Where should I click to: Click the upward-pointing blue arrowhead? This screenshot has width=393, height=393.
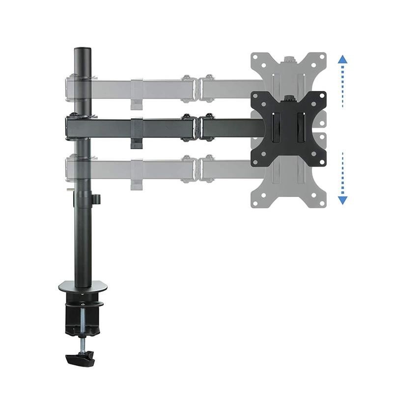pyautogui.click(x=343, y=59)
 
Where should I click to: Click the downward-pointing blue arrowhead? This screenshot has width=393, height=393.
pyautogui.click(x=343, y=200)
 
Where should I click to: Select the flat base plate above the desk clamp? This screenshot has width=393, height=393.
pyautogui.click(x=83, y=286)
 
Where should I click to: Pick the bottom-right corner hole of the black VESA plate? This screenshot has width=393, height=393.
pyautogui.click(x=317, y=157)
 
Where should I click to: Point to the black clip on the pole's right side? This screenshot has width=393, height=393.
pyautogui.click(x=97, y=199)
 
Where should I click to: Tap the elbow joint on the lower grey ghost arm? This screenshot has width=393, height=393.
pyautogui.click(x=197, y=168)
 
